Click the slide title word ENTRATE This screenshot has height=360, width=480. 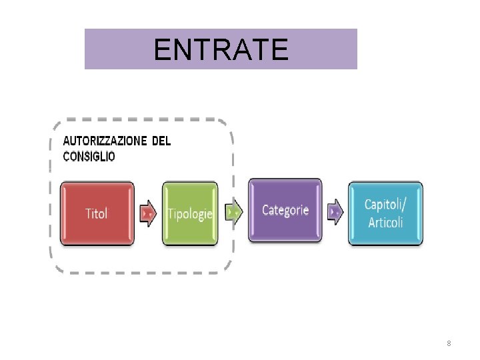coord(221,49)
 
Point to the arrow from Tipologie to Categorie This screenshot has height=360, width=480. coord(233,211)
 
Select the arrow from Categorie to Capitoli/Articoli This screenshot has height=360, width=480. coord(335,211)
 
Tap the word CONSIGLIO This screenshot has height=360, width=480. coord(89,157)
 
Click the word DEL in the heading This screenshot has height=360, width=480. coord(161,141)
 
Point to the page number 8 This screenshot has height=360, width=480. coord(449,343)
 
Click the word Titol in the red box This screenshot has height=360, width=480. coord(97,213)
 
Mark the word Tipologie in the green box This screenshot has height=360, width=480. coord(191,214)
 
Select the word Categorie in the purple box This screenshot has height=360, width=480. coord(285,210)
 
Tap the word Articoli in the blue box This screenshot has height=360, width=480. coord(385,221)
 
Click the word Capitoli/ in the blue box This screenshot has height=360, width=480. coord(385,204)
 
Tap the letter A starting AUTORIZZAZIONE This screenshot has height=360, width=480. coord(66,141)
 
